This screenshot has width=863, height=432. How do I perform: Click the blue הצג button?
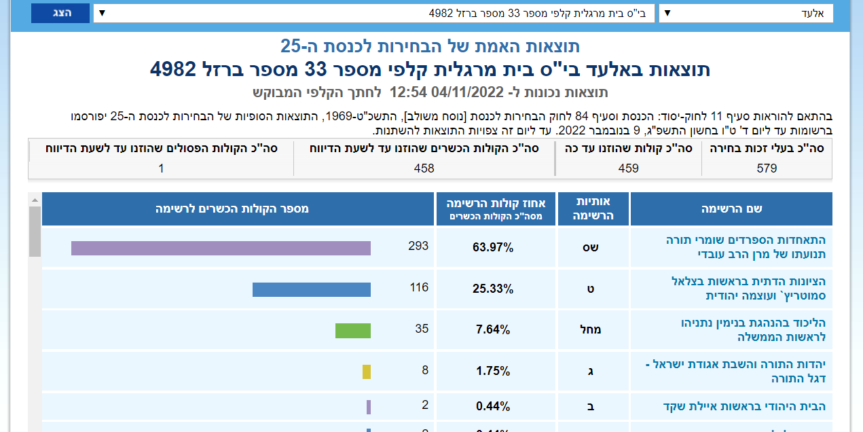click(60, 13)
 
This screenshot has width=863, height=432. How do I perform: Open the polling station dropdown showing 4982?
click(374, 13)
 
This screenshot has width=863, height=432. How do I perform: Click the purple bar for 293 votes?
click(221, 248)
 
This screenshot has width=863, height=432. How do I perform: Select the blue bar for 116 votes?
click(312, 289)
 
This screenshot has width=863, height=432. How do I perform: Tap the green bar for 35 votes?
click(353, 331)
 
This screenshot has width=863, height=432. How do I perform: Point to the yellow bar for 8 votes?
click(367, 372)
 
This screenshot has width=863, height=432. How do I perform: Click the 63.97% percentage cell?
click(493, 247)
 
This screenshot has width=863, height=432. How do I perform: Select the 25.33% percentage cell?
click(493, 289)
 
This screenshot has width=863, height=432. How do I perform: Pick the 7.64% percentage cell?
click(493, 330)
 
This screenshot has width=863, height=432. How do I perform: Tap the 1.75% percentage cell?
click(493, 372)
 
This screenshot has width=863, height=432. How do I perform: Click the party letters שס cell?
click(590, 247)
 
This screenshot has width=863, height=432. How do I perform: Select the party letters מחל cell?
click(590, 330)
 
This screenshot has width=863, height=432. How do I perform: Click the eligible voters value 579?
click(767, 168)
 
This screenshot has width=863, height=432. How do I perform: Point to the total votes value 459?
click(628, 168)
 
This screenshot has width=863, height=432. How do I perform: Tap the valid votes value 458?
click(424, 168)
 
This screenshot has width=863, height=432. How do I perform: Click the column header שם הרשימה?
click(731, 209)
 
